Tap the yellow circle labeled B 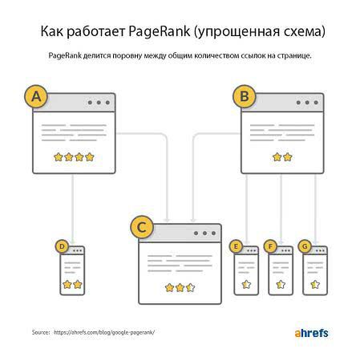[243, 97]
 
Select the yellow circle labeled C [143, 228]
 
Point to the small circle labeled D [62, 246]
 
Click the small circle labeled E [235, 246]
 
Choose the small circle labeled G [304, 246]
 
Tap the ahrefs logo [306, 331]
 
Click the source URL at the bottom [104, 331]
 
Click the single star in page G [315, 285]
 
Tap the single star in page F [281, 285]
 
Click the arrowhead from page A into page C [167, 221]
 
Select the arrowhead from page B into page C [192, 221]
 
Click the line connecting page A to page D [73, 205]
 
